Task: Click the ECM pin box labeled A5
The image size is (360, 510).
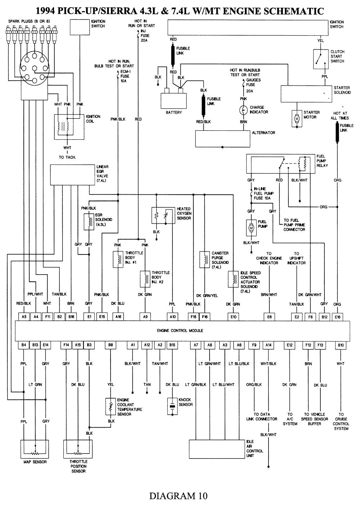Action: point(24,317)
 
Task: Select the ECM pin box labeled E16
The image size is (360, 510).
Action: point(337,317)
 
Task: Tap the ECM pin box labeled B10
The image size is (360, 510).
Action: point(341,345)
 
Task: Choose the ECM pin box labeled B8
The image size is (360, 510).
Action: point(111,345)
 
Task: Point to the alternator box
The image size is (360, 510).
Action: point(222,139)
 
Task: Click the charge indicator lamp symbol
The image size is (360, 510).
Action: point(243,110)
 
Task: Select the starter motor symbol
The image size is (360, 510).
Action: point(297,118)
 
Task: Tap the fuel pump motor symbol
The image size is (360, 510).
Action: point(251,227)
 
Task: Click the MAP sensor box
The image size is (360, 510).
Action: point(35,448)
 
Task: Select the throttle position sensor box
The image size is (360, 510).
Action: point(78,448)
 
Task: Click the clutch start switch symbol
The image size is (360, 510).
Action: point(320,59)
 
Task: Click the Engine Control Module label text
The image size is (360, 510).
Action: point(180,330)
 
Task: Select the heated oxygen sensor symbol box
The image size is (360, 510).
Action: point(163,216)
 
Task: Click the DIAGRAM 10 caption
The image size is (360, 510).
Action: point(178,496)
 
